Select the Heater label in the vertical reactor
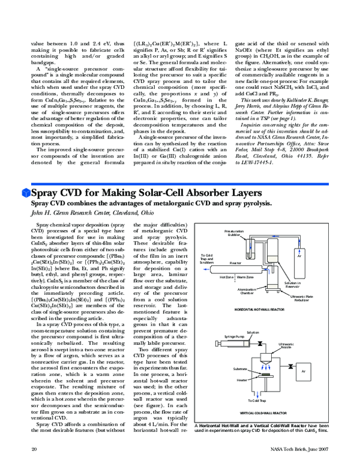242,380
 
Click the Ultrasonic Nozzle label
286,345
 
